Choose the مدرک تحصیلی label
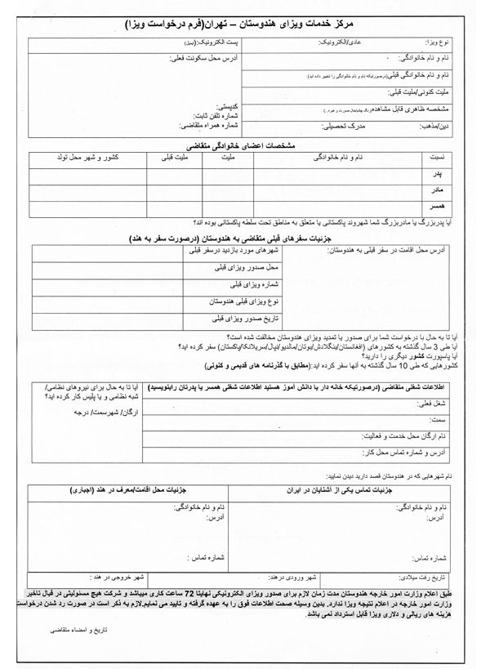point(339,127)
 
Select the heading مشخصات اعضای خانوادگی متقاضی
point(244,145)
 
